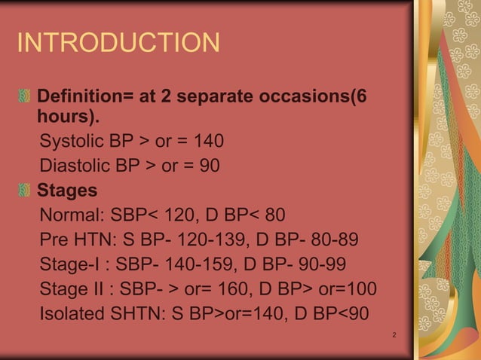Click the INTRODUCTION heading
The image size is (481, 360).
tap(118, 43)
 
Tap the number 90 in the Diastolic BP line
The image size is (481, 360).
tap(209, 164)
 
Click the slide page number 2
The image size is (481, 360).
tap(395, 334)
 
